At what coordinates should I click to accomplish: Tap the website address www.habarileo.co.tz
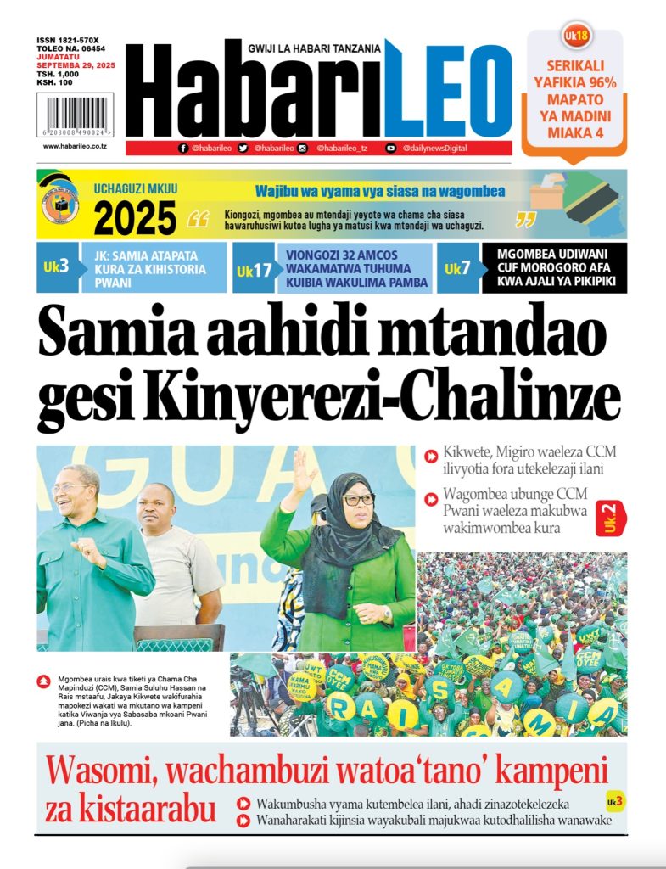pos(75,146)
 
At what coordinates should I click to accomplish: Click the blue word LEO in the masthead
pos(447,91)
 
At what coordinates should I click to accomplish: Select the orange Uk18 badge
pos(576,36)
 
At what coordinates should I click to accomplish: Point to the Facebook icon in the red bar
pos(183,148)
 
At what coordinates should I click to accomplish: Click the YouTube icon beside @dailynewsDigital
pos(391,148)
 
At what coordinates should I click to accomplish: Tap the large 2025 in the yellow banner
pos(135,219)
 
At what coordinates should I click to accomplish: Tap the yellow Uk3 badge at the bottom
pos(614,801)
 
